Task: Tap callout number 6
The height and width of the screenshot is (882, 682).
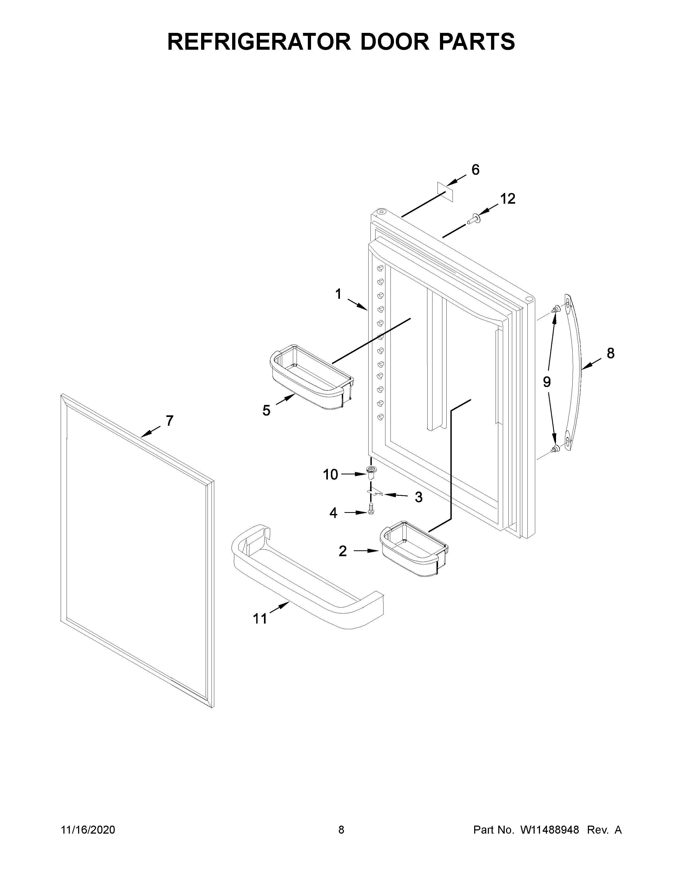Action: point(476,170)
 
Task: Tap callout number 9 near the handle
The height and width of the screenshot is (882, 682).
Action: point(547,382)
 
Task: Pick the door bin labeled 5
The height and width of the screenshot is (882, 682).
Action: point(311,378)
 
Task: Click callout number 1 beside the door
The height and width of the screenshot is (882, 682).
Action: point(338,294)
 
